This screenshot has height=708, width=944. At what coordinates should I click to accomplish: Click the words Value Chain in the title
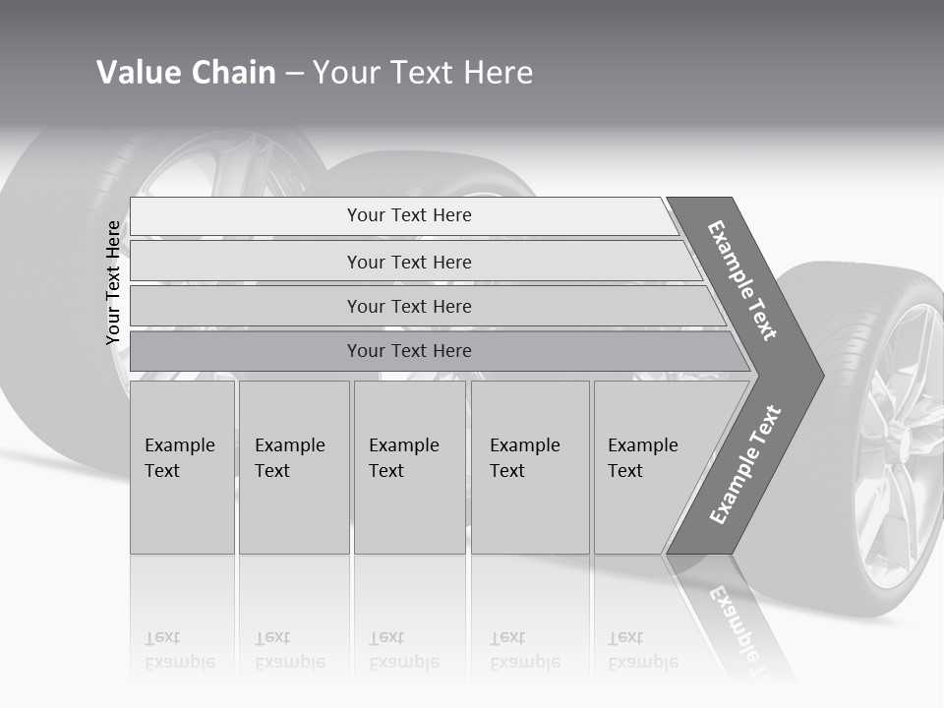click(186, 73)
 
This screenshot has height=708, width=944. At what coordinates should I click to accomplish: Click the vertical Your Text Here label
click(113, 283)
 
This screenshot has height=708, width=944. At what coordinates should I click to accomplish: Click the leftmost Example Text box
click(182, 467)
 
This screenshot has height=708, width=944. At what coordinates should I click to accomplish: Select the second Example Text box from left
click(293, 467)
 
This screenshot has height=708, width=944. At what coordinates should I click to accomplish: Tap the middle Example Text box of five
click(409, 467)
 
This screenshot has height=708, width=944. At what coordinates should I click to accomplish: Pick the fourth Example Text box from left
click(529, 467)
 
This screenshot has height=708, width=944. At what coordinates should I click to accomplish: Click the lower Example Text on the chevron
click(745, 464)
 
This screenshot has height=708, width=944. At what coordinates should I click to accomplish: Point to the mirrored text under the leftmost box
click(180, 650)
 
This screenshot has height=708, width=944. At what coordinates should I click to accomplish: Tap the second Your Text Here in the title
click(423, 73)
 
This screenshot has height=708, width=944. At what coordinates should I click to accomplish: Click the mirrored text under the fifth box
click(643, 650)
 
